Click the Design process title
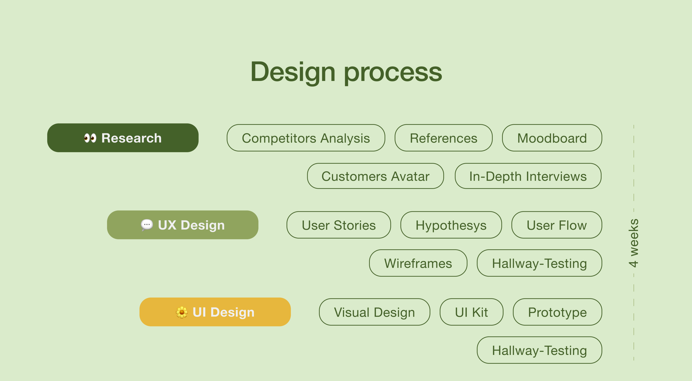click(x=346, y=72)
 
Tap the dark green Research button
click(x=123, y=138)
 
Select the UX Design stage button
click(x=183, y=225)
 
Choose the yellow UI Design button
click(x=215, y=312)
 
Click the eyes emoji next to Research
click(x=90, y=138)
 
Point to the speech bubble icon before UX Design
click(x=147, y=225)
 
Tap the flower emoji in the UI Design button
click(x=182, y=312)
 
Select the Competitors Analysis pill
click(x=306, y=138)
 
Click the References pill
click(x=444, y=138)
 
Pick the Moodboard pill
click(x=552, y=138)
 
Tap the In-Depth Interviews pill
click(x=528, y=176)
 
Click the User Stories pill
click(x=339, y=225)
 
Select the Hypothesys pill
click(x=451, y=225)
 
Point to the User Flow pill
click(x=557, y=225)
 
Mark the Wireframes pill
click(x=418, y=263)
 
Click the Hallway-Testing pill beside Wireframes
click(x=539, y=263)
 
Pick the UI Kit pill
click(x=471, y=312)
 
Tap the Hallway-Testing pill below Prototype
click(x=539, y=350)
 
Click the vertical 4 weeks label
click(x=634, y=243)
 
